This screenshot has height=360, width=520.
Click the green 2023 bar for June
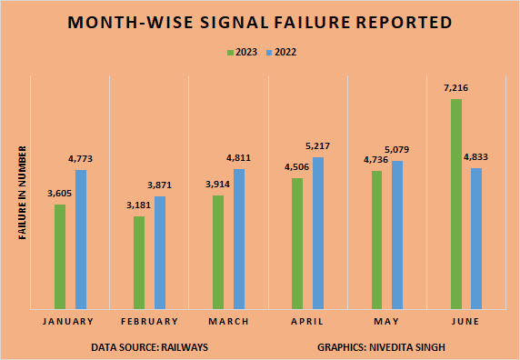tap(456, 205)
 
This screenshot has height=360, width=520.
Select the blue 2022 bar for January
tap(81, 240)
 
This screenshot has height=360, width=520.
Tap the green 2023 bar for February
tap(139, 263)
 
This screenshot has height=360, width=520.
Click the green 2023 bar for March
tap(218, 253)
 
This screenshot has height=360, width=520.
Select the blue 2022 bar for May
tap(397, 235)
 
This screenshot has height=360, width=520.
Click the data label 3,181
tap(138, 205)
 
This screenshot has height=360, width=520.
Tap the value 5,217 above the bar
tap(318, 146)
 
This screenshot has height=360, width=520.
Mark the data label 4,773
tap(80, 159)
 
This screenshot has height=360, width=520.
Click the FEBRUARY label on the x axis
tap(148, 322)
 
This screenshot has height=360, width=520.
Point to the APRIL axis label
tap(307, 322)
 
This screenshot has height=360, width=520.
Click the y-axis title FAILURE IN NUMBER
tap(22, 193)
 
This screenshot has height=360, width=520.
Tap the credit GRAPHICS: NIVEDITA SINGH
tap(381, 347)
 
